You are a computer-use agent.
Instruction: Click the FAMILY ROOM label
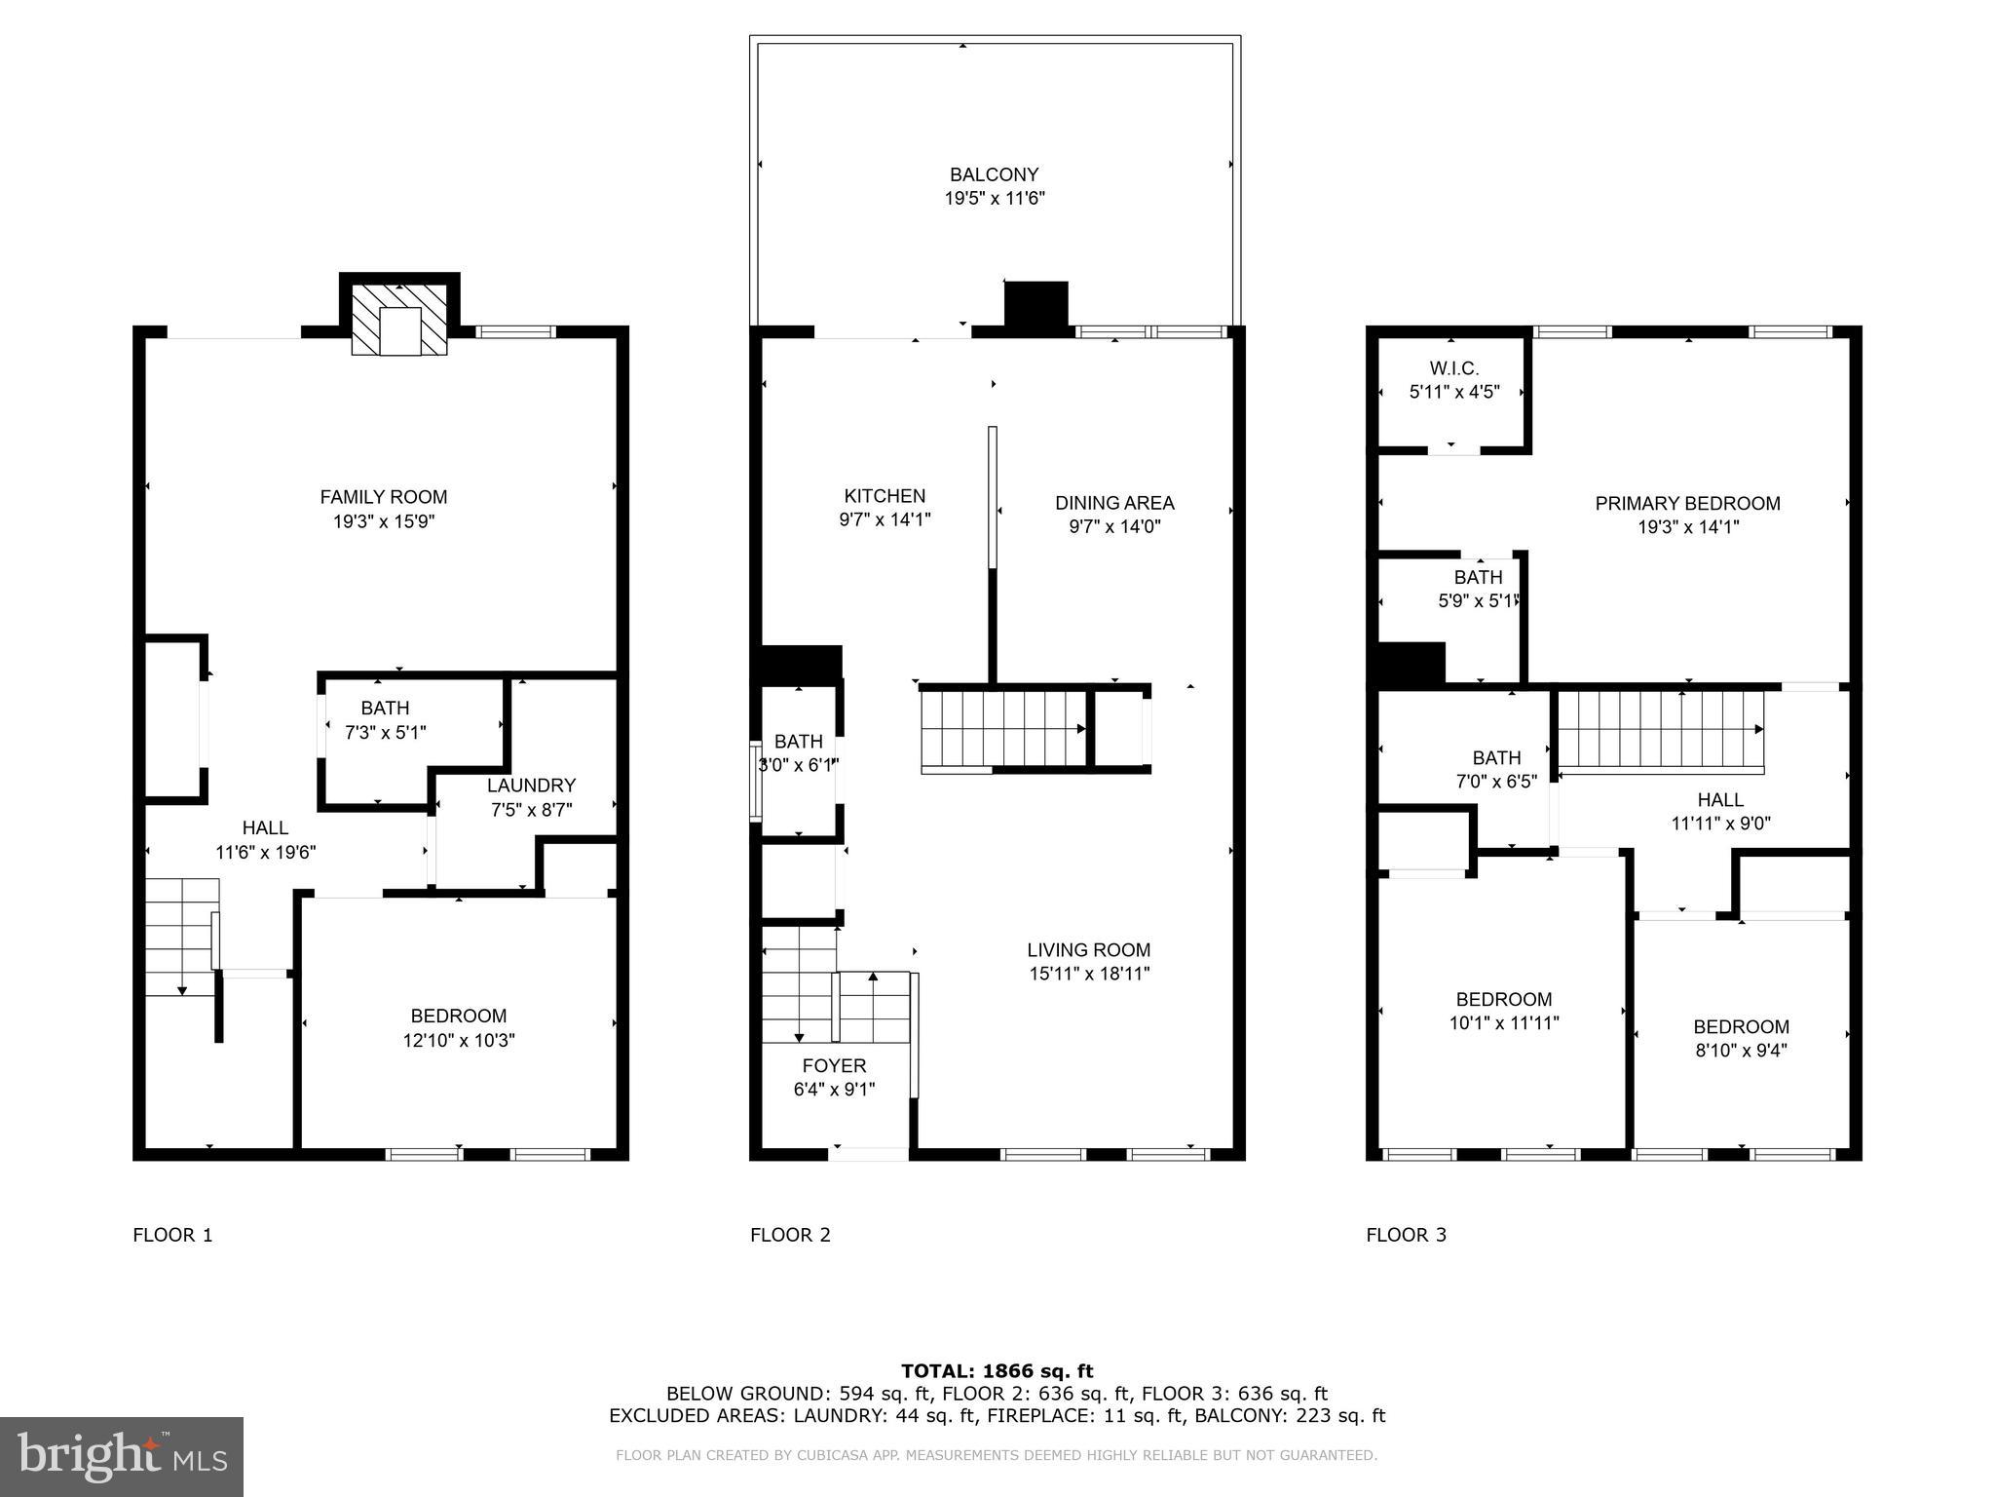[x=383, y=497]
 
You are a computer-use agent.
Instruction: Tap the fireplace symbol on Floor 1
[x=399, y=322]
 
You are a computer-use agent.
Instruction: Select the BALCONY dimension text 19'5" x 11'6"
[x=994, y=199]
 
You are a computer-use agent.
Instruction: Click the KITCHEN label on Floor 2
[x=885, y=496]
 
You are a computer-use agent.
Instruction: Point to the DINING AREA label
[x=1114, y=503]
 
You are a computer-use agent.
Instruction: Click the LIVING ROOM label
[x=1088, y=949]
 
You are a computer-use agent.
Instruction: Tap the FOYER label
[x=834, y=1065]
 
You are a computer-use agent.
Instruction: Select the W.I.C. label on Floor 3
[x=1453, y=368]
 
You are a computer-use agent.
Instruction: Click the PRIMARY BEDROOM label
[x=1687, y=503]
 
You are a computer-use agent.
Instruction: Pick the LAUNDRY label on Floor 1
[x=531, y=786]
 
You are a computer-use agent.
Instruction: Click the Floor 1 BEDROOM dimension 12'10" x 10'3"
[x=459, y=1040]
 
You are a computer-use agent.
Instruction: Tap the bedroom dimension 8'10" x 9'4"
[x=1741, y=1051]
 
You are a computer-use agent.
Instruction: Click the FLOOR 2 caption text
[x=790, y=1235]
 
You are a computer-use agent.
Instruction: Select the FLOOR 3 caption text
[x=1406, y=1235]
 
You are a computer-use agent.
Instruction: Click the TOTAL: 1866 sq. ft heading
[x=997, y=1371]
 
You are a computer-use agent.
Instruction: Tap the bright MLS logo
[x=122, y=1456]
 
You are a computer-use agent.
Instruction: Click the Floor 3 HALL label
[x=1720, y=799]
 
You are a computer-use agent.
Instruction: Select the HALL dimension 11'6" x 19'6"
[x=265, y=852]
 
